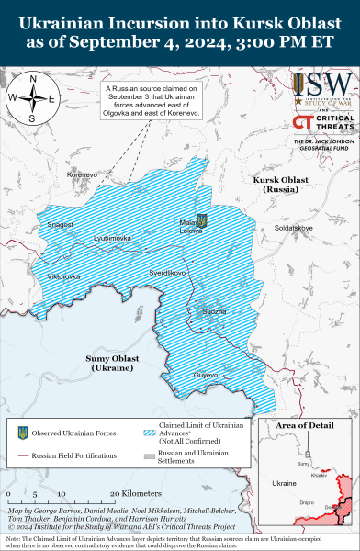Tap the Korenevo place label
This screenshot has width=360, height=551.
tap(81, 173)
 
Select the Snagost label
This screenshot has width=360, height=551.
tap(61, 225)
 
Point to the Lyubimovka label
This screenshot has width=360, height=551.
tap(112, 238)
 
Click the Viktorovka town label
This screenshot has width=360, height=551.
tap(64, 275)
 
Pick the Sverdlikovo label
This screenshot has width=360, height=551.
tap(168, 274)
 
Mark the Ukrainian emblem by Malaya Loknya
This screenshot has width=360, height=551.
tap(203, 220)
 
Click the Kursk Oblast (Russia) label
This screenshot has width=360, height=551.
tap(283, 184)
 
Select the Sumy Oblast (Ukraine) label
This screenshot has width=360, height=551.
tap(113, 361)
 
